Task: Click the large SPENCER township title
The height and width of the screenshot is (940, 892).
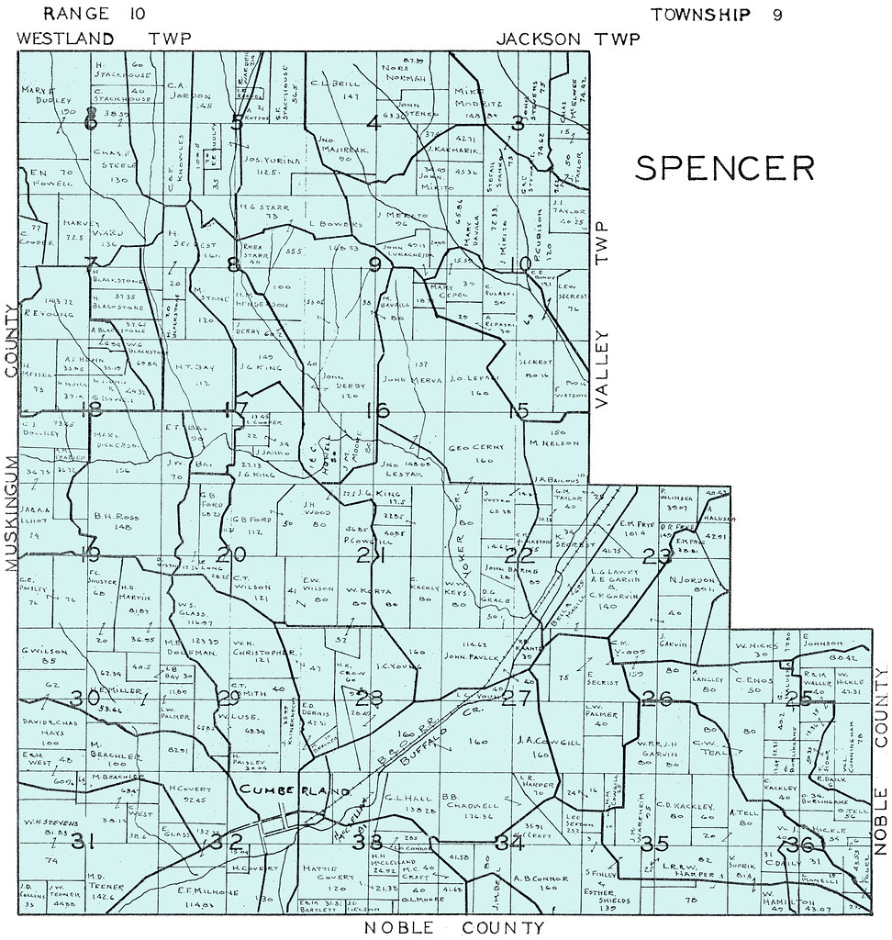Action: point(725,168)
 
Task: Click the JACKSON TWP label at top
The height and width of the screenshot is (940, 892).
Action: point(567,39)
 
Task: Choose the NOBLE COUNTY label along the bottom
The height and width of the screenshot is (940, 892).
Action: point(453,927)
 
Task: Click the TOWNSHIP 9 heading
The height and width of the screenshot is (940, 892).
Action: point(716,14)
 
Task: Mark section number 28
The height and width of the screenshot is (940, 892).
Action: point(370,697)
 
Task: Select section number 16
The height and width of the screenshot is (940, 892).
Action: point(377,410)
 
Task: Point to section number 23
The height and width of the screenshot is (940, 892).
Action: point(657,555)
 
